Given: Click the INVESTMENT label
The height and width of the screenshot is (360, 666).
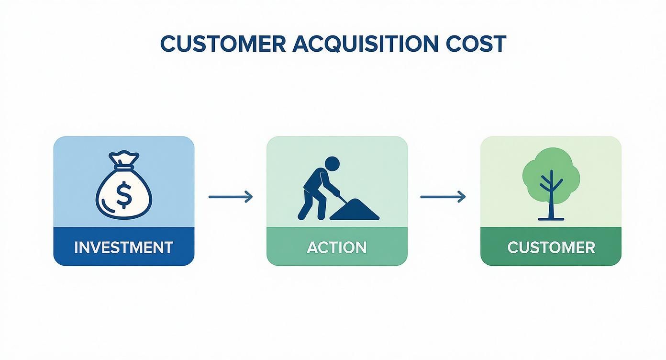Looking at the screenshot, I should click(x=123, y=247).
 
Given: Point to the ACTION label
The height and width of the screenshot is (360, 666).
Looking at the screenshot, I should click(x=337, y=247).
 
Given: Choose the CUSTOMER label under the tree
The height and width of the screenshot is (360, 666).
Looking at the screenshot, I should click(x=551, y=247).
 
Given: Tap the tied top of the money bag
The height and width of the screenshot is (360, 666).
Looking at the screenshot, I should click(x=124, y=158).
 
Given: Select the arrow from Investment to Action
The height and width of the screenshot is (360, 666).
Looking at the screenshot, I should click(x=230, y=196).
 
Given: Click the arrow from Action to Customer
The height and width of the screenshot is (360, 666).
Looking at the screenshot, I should click(x=443, y=196).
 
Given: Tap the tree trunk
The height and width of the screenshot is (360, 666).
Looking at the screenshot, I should click(x=551, y=201).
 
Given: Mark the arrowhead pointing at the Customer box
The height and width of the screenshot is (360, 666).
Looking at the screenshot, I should click(x=462, y=196).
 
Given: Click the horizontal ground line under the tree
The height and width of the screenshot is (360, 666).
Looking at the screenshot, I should click(x=551, y=219).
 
